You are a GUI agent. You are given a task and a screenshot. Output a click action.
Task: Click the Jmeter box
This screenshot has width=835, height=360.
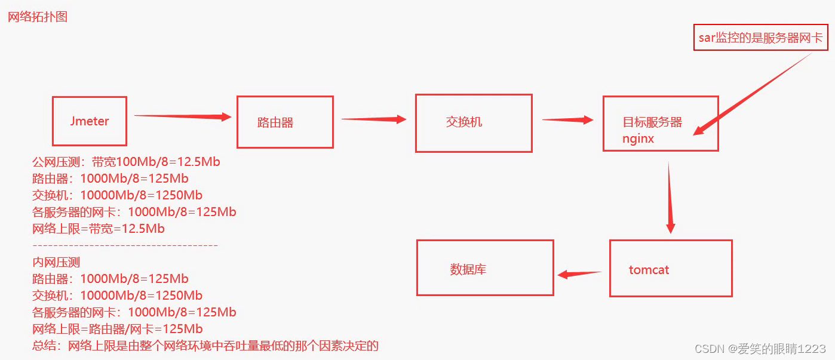tap(90, 121)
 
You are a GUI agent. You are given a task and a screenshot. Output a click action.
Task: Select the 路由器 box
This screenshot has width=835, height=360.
tap(285, 122)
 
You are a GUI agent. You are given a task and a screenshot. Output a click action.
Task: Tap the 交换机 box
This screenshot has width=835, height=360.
tap(474, 122)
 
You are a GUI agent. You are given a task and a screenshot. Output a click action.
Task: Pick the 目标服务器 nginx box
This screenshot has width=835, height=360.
tap(660, 123)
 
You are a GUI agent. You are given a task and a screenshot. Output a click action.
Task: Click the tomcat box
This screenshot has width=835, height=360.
tap(670, 268)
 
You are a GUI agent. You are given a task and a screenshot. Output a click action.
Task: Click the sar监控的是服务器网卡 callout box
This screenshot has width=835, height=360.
tap(760, 38)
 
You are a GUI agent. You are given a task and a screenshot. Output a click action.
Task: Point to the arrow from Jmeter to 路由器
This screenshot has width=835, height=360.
tap(182, 116)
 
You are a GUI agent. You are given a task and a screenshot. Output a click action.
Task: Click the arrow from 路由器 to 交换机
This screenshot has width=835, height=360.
tap(373, 119)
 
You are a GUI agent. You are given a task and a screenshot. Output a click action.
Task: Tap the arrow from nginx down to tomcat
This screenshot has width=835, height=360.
tap(670, 197)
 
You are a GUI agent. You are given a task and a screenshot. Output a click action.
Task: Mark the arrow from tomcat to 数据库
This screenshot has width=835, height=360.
tap(579, 274)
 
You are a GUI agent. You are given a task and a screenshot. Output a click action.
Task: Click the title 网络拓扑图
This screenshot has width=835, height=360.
tap(38, 17)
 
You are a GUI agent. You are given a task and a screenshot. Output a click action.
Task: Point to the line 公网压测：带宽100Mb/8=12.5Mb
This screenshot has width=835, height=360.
tap(127, 162)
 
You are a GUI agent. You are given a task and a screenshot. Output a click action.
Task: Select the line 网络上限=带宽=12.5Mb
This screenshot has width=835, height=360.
tap(99, 229)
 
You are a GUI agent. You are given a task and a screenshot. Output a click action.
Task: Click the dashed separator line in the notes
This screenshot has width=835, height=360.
tap(125, 245)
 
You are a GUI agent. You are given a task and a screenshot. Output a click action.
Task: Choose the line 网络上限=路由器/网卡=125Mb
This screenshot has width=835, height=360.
tap(118, 329)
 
